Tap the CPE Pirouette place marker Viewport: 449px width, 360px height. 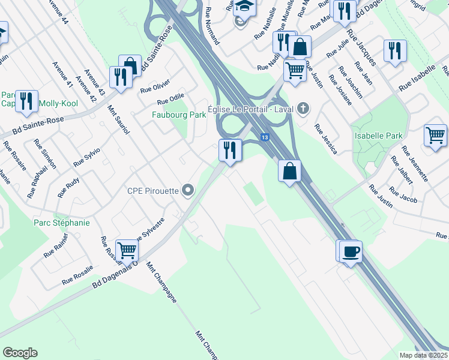click(188, 191)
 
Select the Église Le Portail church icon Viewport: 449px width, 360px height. click(304, 109)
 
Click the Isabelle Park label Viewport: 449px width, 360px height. click(378, 136)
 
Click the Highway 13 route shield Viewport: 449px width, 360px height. click(264, 137)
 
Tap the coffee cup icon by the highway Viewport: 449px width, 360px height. click(351, 250)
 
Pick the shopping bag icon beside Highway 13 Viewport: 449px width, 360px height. click(290, 171)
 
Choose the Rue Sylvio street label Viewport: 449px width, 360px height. click(86, 157)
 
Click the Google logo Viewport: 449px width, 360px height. click(20, 352)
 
